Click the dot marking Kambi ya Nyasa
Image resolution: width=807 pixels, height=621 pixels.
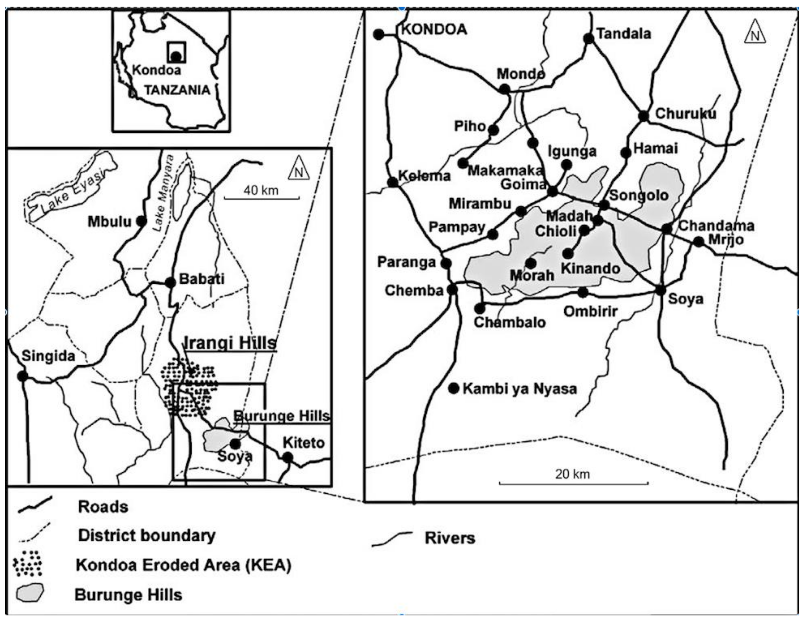[454, 388]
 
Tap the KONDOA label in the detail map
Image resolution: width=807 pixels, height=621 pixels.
[434, 30]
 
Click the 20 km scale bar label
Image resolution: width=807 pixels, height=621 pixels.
[572, 474]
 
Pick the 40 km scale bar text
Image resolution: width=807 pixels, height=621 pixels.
[261, 190]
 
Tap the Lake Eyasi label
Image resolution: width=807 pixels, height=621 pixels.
[72, 192]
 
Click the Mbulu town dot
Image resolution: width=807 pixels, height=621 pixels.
[141, 221]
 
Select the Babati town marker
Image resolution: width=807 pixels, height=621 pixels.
[170, 283]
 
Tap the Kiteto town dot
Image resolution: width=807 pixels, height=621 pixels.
[288, 458]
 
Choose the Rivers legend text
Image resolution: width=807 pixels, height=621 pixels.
[450, 538]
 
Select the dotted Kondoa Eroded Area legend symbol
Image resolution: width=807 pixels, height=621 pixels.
[28, 564]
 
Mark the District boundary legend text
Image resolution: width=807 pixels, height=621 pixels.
[147, 535]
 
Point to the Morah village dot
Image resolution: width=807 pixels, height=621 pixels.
[531, 263]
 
